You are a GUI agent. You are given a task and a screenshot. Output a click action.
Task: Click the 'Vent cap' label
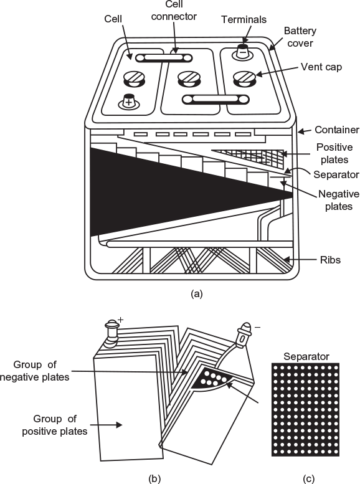click(x=321, y=67)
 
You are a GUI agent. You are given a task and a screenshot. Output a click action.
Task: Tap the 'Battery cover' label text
click(x=300, y=37)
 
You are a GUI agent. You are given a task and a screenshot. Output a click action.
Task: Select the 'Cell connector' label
click(x=174, y=11)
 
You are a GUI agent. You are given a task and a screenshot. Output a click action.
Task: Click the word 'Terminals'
click(x=244, y=19)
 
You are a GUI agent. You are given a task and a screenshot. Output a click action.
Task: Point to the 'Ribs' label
click(x=330, y=260)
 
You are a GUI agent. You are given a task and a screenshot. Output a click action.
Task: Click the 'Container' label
click(x=337, y=130)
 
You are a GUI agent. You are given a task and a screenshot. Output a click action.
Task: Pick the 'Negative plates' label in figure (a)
click(x=339, y=200)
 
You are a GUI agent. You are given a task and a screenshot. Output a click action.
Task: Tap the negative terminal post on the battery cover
click(x=243, y=51)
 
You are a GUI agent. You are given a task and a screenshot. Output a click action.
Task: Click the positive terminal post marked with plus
click(x=129, y=102)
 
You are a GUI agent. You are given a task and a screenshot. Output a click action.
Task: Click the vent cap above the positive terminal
click(x=135, y=78)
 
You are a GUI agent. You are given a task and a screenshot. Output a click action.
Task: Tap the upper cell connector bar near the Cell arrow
click(x=164, y=58)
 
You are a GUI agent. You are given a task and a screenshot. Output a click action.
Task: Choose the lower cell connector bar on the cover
click(x=216, y=100)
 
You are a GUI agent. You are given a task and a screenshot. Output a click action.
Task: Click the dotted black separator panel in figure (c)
click(x=305, y=409)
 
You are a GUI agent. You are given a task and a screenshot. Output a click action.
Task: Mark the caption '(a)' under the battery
click(x=197, y=293)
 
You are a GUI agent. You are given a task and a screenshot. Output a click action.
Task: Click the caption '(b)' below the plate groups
click(x=154, y=478)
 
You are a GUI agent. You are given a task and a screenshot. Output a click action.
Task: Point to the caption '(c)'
click(x=308, y=478)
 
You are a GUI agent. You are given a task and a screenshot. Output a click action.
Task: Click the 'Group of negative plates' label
click(x=35, y=371)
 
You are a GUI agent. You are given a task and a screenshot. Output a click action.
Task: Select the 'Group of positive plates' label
click(x=55, y=425)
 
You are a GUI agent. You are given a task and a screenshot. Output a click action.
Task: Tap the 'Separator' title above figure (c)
click(x=306, y=356)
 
